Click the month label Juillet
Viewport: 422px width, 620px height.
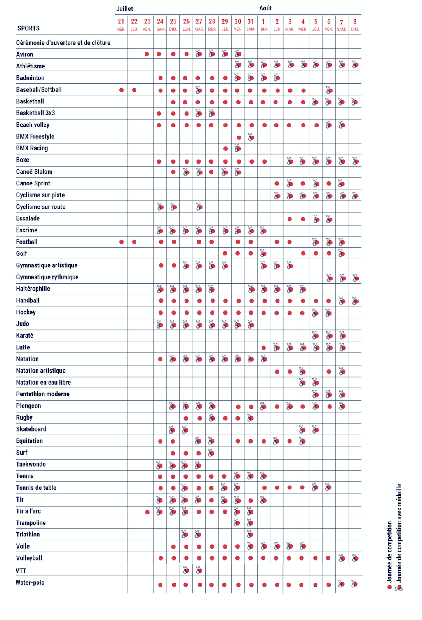click(124, 9)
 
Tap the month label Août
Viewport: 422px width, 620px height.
click(265, 8)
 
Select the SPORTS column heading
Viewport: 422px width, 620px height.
click(28, 28)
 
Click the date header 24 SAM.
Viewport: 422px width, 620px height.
click(160, 24)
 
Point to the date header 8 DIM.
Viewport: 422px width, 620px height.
click(355, 24)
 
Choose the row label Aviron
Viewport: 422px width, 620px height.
click(24, 54)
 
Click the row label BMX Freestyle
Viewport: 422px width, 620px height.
click(35, 136)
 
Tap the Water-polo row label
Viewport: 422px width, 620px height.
click(30, 582)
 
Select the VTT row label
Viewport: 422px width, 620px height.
click(21, 571)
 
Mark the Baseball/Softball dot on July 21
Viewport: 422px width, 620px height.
click(122, 90)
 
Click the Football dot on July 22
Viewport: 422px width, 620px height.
click(134, 242)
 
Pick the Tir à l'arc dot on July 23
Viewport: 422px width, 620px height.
click(147, 512)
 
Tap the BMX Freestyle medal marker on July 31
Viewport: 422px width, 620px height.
click(251, 137)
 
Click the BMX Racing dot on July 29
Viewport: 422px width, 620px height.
click(225, 148)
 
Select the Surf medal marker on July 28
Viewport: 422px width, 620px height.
click(211, 453)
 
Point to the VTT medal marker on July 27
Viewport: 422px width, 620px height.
click(199, 570)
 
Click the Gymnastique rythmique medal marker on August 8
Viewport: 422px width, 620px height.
click(356, 278)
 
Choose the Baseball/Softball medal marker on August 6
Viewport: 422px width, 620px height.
click(329, 90)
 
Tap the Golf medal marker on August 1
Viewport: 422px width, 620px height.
click(263, 254)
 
